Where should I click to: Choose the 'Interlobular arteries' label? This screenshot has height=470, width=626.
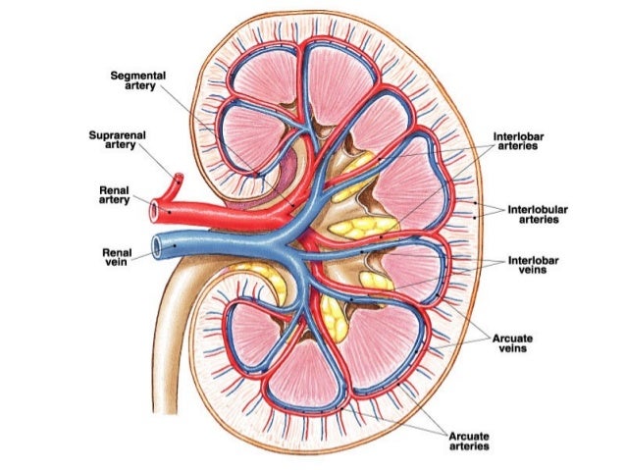[x=534, y=215]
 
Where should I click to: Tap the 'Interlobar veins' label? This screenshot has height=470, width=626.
[x=534, y=267]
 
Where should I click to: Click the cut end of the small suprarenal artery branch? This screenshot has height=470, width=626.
[x=178, y=180]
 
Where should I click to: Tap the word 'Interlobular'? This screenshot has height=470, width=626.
[x=534, y=209]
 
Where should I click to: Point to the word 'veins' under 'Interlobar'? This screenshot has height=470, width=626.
[x=534, y=273]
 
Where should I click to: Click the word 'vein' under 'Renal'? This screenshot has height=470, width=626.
[x=118, y=263]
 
